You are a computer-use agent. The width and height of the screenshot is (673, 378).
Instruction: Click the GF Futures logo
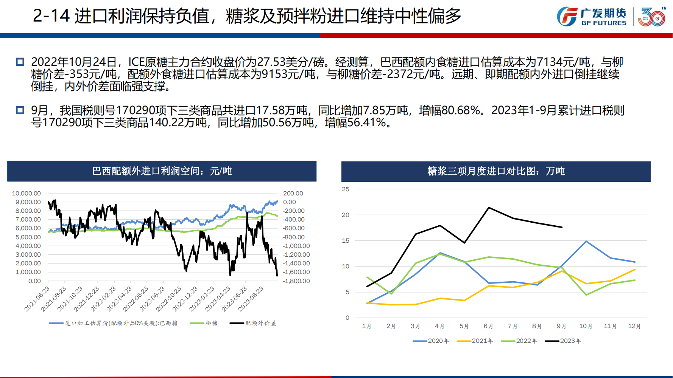591,17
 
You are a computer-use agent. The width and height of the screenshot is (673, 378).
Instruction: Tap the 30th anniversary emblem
652,17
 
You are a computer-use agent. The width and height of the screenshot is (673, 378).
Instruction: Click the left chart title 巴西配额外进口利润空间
162,171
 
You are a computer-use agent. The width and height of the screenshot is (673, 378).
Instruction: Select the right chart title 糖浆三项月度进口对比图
496,171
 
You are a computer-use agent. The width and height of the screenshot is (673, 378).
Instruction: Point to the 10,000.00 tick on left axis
26,193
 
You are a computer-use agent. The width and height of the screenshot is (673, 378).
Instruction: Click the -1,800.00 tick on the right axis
296,281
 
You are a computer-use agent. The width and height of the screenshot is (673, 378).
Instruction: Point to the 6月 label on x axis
488,326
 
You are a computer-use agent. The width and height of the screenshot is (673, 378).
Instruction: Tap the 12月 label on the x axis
634,326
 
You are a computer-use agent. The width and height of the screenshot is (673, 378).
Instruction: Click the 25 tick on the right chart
346,189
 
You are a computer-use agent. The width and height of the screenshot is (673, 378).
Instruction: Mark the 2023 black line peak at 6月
489,208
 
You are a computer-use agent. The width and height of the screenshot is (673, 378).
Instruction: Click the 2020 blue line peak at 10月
586,241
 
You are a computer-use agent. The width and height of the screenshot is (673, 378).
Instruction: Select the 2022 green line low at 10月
586,295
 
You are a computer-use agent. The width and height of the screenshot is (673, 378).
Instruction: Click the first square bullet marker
20,62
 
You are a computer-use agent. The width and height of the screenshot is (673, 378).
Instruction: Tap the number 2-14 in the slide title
51,16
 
